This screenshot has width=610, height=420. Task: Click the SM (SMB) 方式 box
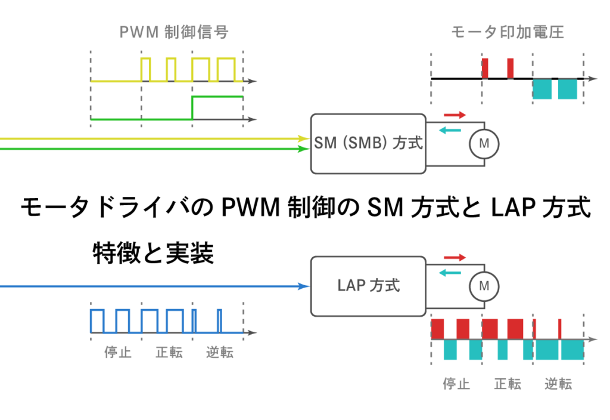368,143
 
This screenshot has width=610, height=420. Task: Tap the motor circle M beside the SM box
484,143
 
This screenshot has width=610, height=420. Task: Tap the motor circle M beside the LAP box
484,287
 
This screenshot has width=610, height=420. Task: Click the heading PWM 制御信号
174,32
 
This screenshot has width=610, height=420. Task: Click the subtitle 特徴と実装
154,254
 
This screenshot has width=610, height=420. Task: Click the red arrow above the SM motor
455,114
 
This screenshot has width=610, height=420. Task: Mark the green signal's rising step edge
192,107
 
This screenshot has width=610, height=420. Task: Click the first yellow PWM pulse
146,69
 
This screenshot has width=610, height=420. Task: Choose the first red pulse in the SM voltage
485,68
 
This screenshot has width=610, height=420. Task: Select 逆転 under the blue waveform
220,353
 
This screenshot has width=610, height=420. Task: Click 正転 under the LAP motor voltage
508,384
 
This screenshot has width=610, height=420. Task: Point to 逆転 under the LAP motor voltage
558,384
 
